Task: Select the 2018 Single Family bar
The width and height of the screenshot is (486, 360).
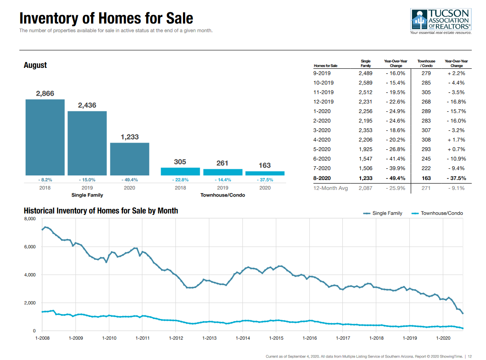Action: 45,137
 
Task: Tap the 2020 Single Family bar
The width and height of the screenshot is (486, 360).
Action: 130,159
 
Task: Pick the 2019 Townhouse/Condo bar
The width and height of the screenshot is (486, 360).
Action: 222,172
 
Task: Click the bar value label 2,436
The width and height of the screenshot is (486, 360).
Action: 87,106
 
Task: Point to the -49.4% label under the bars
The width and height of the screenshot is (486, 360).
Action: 130,180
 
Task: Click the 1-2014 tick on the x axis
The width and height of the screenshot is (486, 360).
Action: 243,338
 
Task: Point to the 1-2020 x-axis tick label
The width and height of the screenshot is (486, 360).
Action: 443,338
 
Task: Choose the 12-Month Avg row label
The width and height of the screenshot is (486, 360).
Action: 331,188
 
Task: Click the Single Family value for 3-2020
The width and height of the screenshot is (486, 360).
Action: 366,130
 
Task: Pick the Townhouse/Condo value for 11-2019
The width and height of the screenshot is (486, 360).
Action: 426,92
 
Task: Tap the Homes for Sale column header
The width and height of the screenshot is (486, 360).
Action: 325,66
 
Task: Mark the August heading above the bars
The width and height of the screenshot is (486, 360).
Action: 35,65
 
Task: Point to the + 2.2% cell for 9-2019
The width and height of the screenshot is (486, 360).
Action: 457,73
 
